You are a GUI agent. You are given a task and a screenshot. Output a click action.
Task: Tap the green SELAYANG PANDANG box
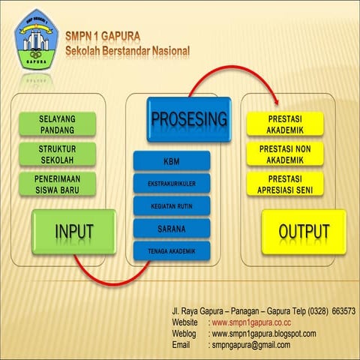coord(67,124)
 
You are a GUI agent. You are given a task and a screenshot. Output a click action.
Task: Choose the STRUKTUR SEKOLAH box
coord(67,154)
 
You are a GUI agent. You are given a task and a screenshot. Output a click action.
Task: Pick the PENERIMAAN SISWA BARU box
coord(67,184)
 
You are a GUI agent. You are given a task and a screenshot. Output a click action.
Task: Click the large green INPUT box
coord(73,232)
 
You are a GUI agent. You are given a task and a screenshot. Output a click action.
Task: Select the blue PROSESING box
coord(189,119)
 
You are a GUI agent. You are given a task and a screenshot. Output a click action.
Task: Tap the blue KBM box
coord(171,161)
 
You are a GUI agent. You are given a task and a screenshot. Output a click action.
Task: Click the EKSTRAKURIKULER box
coord(171,184)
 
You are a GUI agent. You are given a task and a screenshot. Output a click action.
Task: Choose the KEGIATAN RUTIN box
coord(171,206)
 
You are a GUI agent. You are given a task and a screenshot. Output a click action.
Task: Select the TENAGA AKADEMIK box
coord(171,251)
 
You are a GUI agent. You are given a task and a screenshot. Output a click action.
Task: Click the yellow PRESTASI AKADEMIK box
coord(285,124)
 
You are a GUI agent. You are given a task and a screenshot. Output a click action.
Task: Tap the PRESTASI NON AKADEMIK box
coord(285,154)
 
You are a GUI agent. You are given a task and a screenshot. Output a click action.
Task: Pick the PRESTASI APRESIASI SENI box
coord(285,184)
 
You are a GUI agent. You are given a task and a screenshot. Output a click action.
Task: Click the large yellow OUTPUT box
coord(304,232)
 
